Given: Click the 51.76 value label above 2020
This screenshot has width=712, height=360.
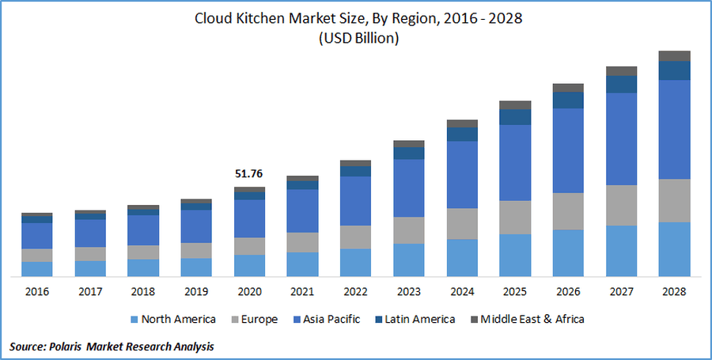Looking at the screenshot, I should [x=249, y=174].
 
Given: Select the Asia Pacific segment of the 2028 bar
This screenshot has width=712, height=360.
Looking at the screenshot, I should [x=675, y=129].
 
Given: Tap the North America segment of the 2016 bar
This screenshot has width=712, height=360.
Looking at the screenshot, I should [x=37, y=269].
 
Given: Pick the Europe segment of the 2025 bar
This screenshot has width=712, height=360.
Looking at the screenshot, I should [x=515, y=217].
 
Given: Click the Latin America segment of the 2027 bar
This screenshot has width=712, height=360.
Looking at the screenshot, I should [x=622, y=84].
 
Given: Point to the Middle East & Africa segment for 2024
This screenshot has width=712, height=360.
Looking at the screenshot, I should [x=462, y=123].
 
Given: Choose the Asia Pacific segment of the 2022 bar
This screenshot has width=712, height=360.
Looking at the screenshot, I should [x=355, y=200].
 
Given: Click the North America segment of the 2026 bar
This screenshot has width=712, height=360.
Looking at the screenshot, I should [x=568, y=253].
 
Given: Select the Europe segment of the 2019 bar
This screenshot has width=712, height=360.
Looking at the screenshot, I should [x=196, y=250].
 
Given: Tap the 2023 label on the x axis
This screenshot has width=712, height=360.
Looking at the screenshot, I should [x=408, y=292].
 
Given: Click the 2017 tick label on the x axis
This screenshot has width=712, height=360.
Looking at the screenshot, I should [x=90, y=292].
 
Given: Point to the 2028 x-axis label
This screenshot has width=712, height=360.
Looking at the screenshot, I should [x=675, y=292].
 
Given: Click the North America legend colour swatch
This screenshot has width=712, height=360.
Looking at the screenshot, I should [x=133, y=320].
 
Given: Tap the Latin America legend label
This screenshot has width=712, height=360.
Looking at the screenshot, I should [x=421, y=320].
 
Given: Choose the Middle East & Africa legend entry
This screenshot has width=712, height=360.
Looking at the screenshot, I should [x=529, y=320].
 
